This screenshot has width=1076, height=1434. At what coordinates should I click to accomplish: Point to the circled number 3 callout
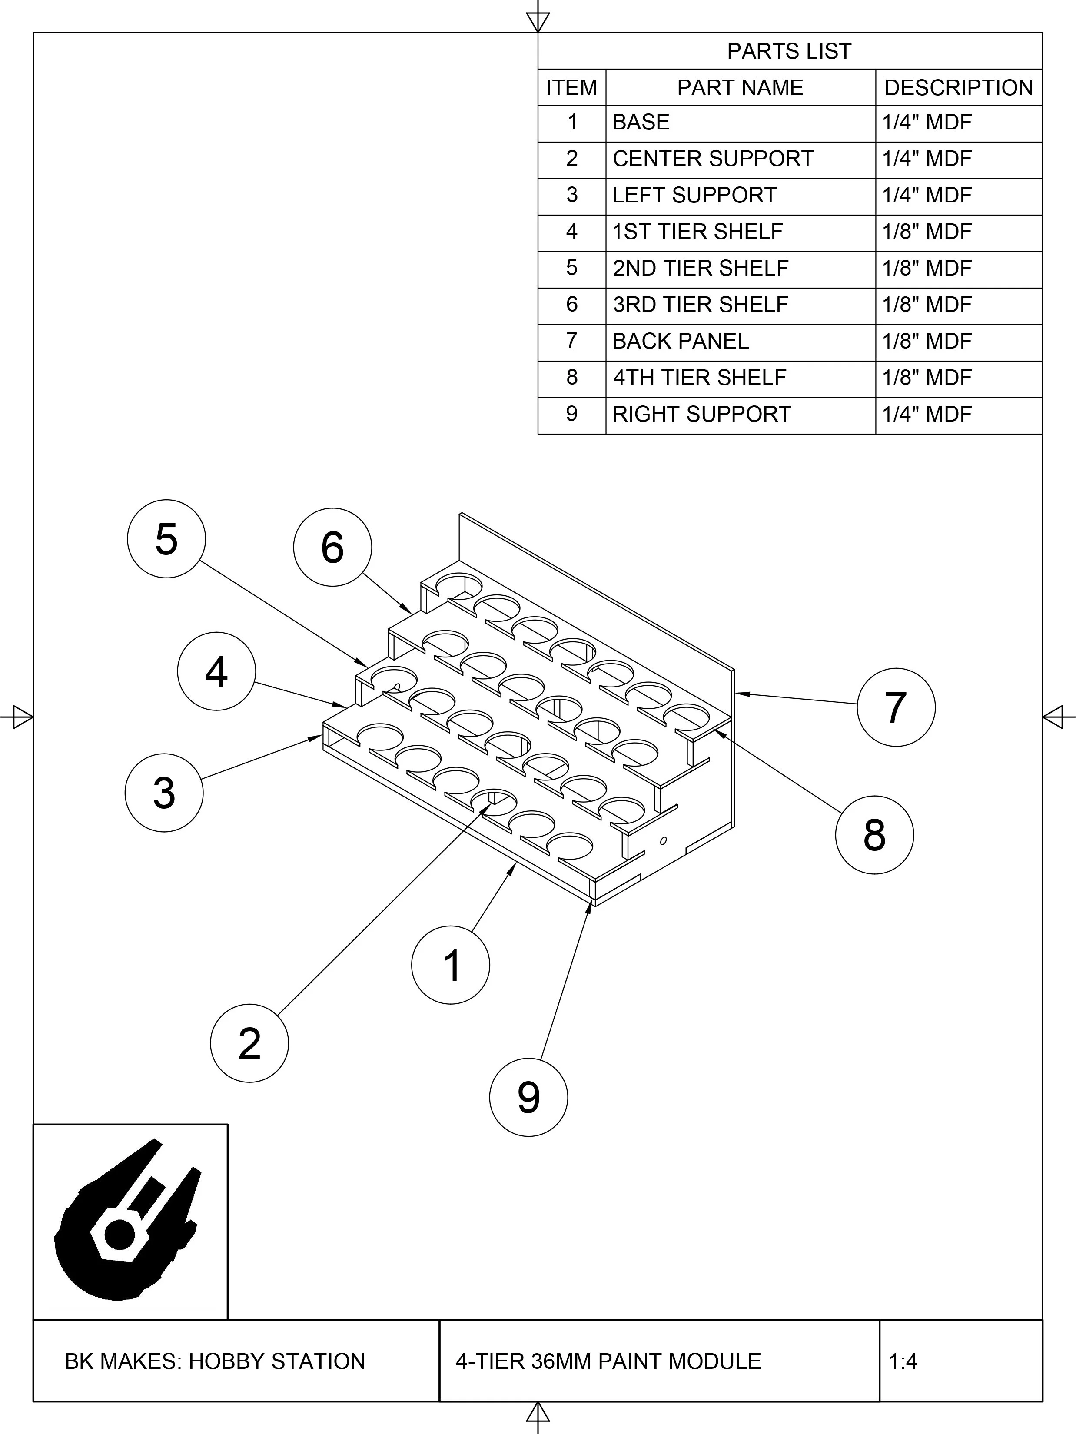pyautogui.click(x=164, y=792)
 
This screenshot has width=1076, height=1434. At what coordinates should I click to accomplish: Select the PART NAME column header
pyautogui.click(x=740, y=87)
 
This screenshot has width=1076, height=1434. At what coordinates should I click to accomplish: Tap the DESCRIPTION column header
pyautogui.click(x=958, y=87)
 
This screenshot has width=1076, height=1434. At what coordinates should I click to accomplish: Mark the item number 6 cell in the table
pyautogui.click(x=572, y=305)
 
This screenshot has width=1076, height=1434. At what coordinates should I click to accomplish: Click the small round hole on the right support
pyautogui.click(x=663, y=841)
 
